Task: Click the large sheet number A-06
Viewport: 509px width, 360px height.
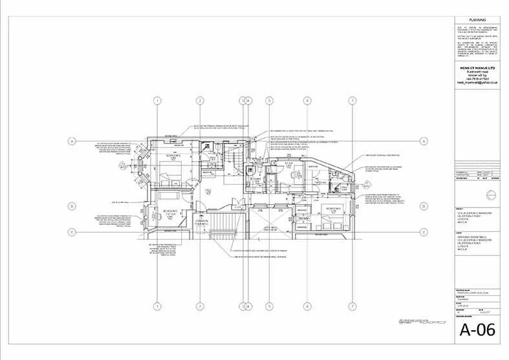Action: [x=477, y=331]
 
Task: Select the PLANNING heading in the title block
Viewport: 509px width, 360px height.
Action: [x=477, y=20]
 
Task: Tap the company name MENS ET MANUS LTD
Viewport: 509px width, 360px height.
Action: [x=477, y=67]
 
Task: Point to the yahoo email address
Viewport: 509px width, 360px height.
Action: [x=477, y=83]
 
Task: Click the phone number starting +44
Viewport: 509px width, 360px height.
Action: [x=477, y=79]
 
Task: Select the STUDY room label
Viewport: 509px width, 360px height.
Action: [x=289, y=166]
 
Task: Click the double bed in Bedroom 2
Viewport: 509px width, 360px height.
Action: [x=169, y=175]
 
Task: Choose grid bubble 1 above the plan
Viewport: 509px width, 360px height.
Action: [x=157, y=100]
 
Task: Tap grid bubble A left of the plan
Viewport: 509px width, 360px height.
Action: [x=72, y=140]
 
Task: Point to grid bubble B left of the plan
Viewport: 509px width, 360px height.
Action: [x=72, y=206]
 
